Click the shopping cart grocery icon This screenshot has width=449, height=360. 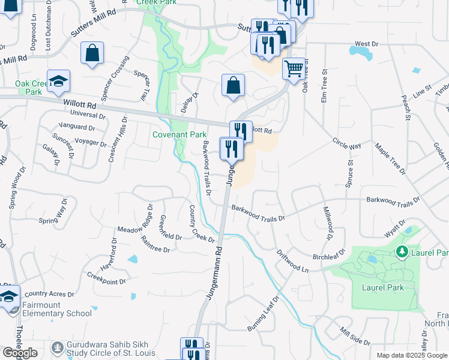coord(293,69)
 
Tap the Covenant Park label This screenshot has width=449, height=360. coord(179,135)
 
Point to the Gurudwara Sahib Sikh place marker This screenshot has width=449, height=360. coord(58,347)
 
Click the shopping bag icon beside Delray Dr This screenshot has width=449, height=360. coord(233,86)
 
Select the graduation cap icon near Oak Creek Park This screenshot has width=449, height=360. coord(58,82)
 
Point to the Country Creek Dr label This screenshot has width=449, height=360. coord(202,224)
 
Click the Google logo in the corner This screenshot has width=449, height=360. coord(20,353)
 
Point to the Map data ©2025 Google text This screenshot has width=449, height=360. coord(411,355)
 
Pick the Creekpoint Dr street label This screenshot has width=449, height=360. coord(106,277)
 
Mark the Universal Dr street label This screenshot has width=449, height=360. coord(88,114)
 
